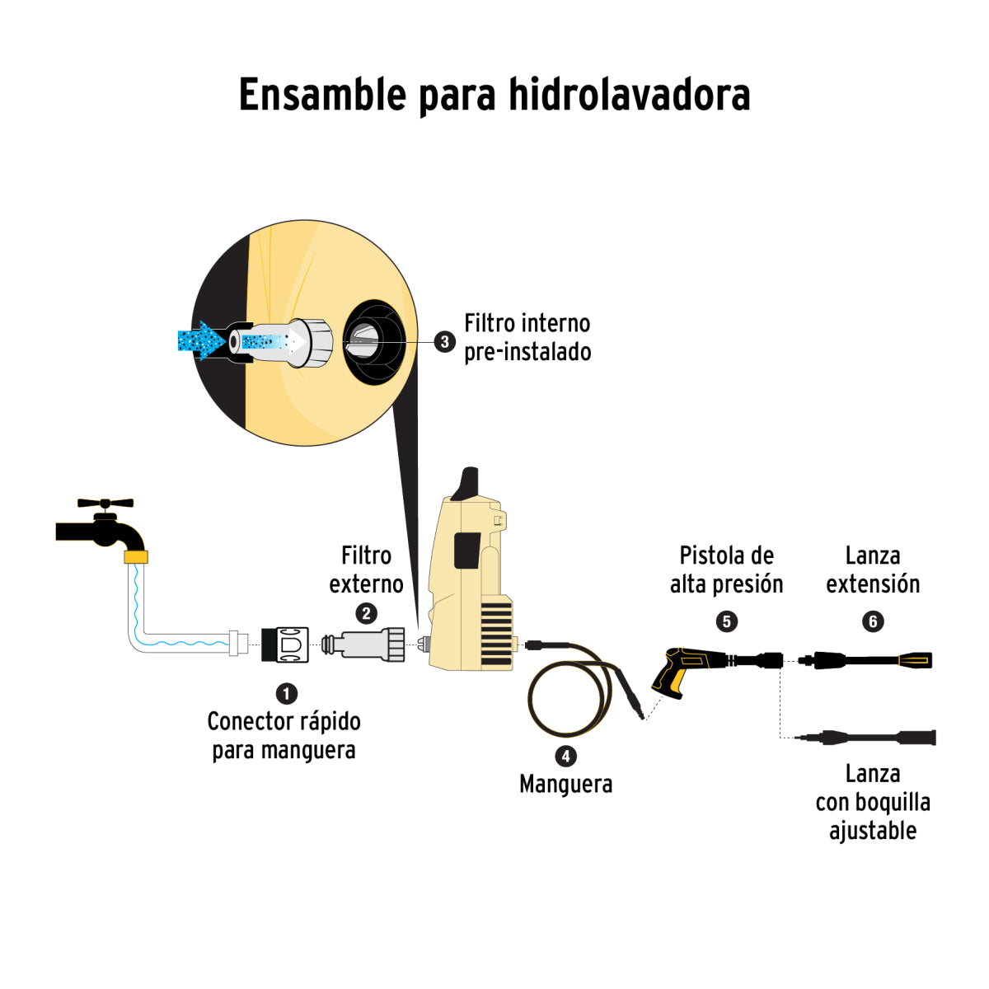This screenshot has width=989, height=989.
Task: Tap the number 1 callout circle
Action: tap(286, 694)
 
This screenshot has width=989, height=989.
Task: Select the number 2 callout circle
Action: tap(366, 613)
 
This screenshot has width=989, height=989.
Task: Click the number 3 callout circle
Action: tap(445, 341)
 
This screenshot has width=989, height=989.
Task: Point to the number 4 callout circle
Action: tap(565, 756)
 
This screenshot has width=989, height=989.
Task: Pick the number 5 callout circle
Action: tap(726, 621)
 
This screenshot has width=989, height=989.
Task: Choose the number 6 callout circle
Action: tap(873, 621)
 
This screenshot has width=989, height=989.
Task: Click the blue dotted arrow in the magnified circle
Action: tap(201, 340)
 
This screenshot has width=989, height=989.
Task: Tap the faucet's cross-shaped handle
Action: tap(105, 503)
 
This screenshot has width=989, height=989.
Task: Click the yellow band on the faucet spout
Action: tap(135, 557)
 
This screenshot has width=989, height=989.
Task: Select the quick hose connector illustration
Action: tap(285, 644)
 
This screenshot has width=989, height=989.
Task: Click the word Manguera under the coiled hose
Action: tap(565, 784)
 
